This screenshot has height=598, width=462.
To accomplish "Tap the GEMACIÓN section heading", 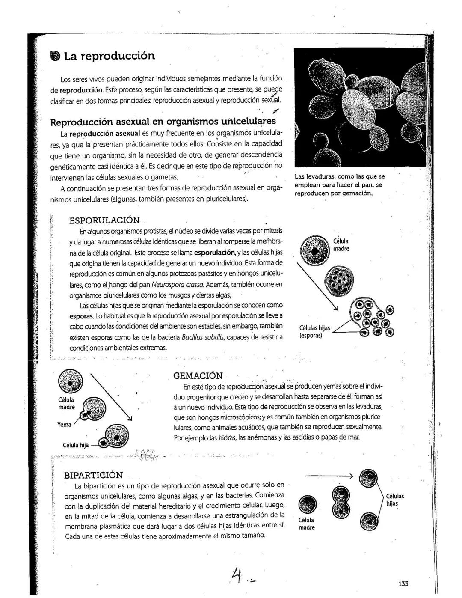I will tap(198, 376).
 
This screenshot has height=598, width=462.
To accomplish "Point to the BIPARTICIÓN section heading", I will tap(93, 475).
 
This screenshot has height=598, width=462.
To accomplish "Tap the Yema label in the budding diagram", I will tap(64, 425).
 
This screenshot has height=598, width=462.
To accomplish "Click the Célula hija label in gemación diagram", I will tap(76, 445).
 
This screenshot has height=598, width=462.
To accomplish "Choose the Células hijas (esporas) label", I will tap(314, 332).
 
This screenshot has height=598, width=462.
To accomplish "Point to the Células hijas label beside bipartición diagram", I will tap(395, 500).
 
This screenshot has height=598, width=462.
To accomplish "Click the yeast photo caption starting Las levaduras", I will tap(339, 185).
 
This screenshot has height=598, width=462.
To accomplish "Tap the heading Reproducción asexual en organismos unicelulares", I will tap(163, 122).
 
